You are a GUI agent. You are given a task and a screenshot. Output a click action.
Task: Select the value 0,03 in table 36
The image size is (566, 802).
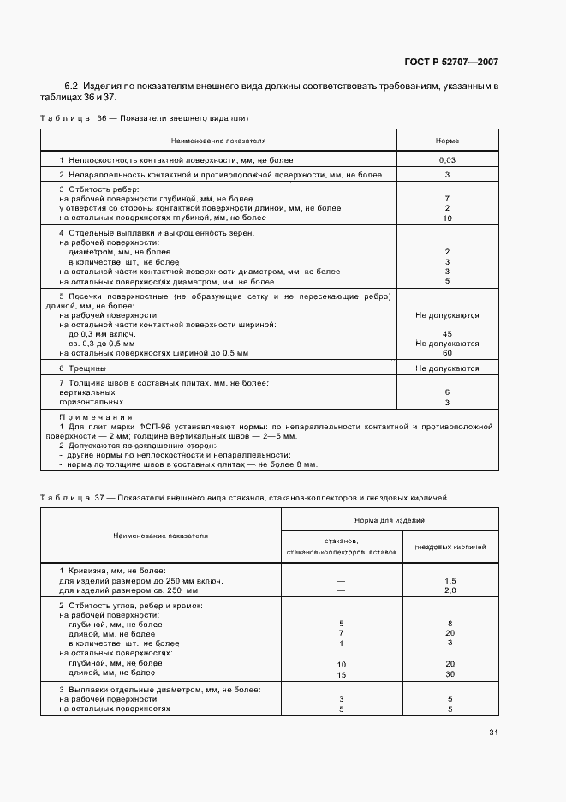click(447, 160)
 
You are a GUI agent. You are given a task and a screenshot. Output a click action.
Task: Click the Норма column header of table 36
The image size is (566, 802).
click(447, 139)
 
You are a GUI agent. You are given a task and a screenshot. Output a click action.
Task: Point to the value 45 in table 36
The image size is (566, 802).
click(447, 333)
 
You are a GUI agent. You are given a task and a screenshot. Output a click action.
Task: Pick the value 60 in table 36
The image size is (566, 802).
click(447, 352)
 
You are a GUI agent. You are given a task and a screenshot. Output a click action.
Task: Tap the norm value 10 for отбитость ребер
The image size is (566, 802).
click(447, 218)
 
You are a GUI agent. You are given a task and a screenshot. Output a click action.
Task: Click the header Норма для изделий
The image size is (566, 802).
click(390, 520)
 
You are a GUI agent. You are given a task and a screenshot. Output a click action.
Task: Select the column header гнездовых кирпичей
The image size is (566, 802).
click(450, 547)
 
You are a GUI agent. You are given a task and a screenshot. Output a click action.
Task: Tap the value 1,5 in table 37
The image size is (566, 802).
click(450, 580)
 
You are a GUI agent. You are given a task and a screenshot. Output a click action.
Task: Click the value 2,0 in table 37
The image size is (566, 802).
click(450, 590)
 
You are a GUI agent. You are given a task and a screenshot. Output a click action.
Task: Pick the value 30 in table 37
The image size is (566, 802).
click(450, 673)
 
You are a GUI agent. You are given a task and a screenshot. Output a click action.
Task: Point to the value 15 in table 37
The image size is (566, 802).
click(341, 673)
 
